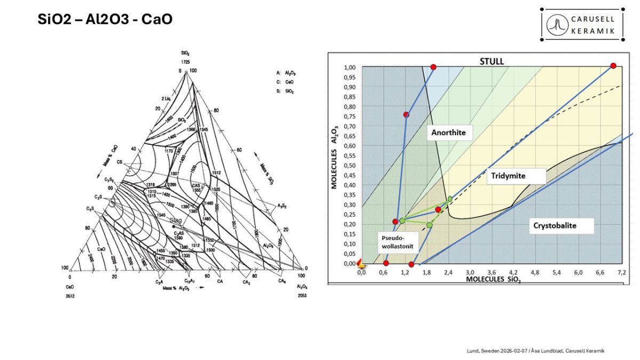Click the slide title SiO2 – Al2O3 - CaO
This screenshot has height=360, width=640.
105,20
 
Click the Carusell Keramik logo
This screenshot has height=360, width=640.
582,25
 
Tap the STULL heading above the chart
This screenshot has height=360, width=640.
492,61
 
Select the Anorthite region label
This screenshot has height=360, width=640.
450,133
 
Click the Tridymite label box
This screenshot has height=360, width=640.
516,177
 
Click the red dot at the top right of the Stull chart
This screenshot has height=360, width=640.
613,66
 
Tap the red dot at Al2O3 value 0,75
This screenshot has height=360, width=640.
406,115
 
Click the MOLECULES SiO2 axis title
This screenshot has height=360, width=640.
493,279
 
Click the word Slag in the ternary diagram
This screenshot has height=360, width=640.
176,220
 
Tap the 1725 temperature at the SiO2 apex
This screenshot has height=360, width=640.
186,62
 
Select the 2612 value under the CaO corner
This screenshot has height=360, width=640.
70,295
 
